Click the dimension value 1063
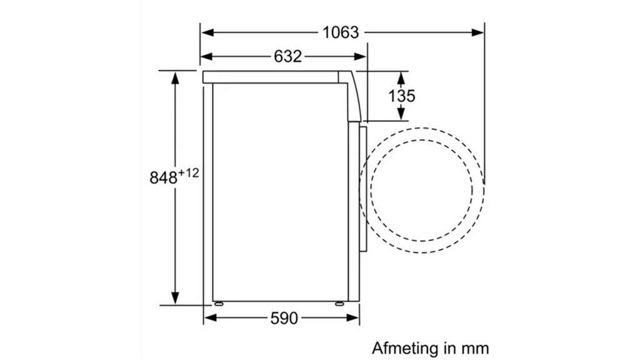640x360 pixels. [x=341, y=32]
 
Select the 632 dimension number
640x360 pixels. [x=287, y=56]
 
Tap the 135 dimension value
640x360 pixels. [x=401, y=96]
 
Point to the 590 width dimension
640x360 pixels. [x=284, y=318]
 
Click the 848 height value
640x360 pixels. [x=163, y=177]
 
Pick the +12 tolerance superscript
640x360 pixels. [x=188, y=172]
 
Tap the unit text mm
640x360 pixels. [x=475, y=349]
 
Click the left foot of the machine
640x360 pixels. [x=219, y=304]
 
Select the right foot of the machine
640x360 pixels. [x=339, y=304]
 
